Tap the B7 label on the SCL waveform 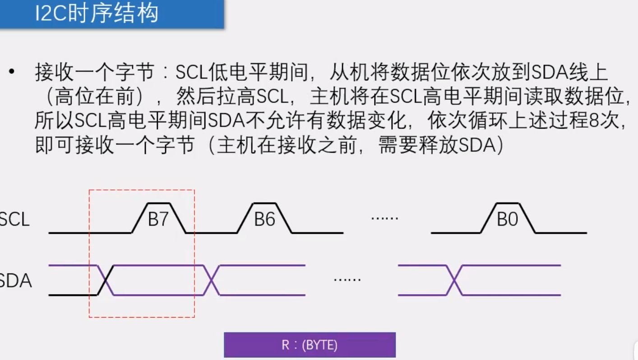158,219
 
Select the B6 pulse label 264,219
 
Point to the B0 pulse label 507,219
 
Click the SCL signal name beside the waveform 14,220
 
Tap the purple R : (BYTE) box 310,345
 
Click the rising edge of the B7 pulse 139,218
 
